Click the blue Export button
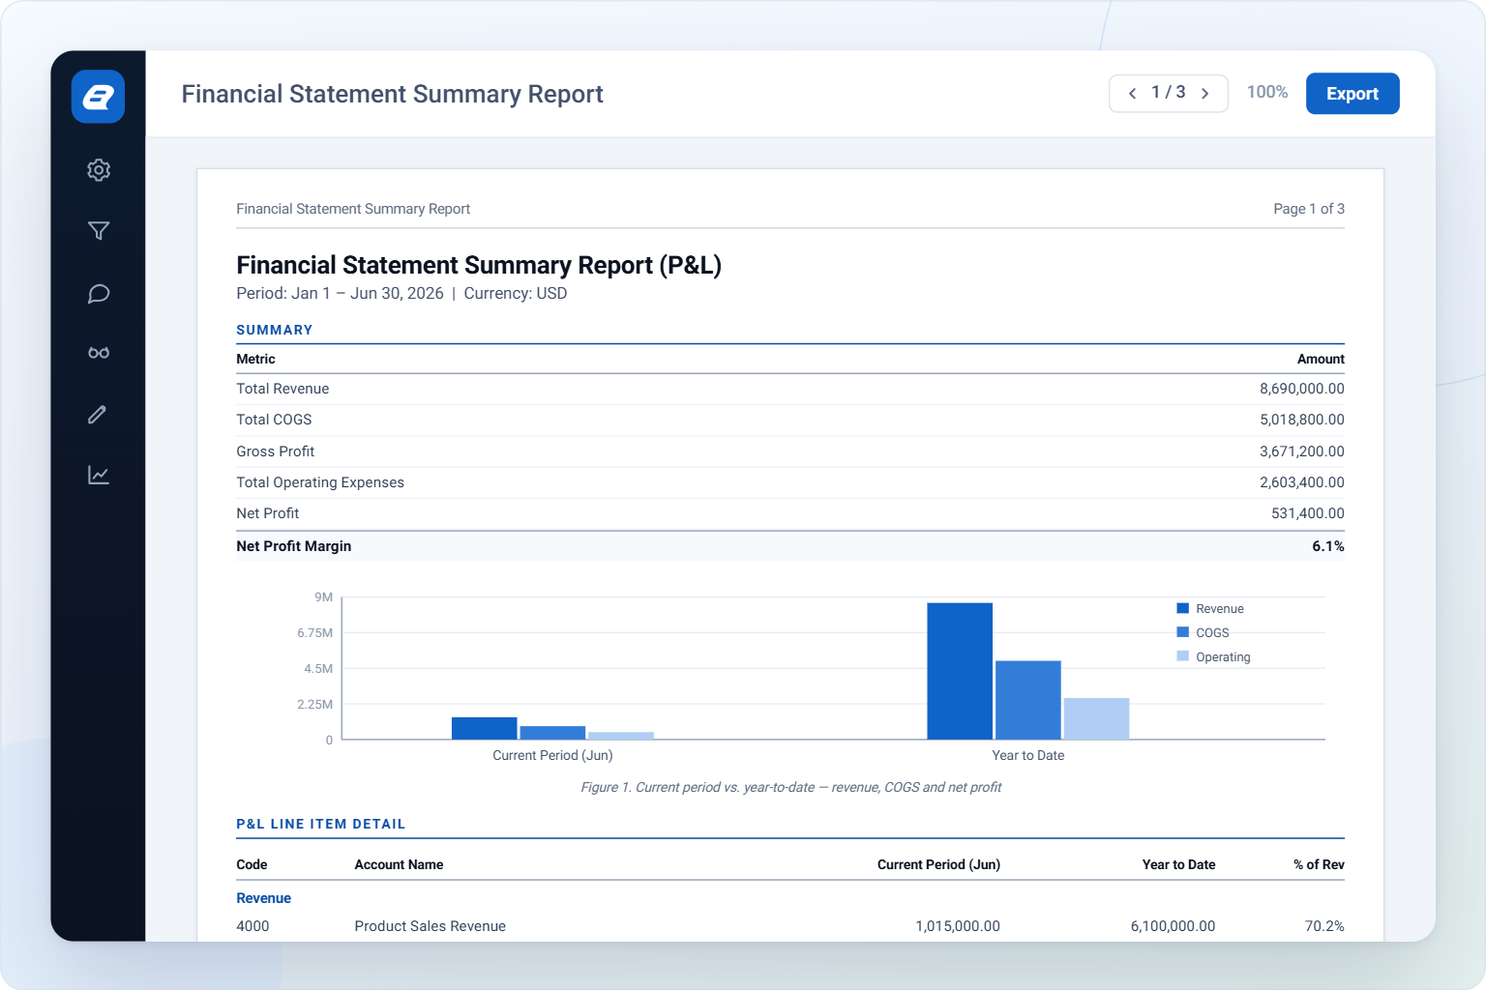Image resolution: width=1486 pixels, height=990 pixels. [x=1352, y=94]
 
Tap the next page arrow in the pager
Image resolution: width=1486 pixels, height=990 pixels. [x=1205, y=94]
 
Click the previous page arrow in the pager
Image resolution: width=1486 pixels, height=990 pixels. [x=1133, y=94]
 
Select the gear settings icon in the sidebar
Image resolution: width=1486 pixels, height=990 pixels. [x=99, y=170]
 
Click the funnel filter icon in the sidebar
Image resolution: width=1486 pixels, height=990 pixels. [x=99, y=231]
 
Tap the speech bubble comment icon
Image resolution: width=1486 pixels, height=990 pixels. [x=99, y=294]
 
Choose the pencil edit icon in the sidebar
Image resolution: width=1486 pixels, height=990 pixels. [x=98, y=415]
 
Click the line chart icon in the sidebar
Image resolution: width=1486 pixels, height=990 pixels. [x=99, y=475]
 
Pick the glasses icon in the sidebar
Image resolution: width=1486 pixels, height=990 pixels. [x=99, y=353]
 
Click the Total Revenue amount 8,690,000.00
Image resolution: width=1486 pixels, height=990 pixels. [x=1301, y=389]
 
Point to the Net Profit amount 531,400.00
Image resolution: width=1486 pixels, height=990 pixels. [x=1308, y=513]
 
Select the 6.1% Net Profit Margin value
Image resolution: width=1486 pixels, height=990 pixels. [x=1328, y=546]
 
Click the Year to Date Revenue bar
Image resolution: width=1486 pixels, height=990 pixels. [x=960, y=671]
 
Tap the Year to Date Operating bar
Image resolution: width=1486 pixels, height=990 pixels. [x=1096, y=718]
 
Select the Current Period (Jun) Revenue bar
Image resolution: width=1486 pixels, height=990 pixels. [x=485, y=728]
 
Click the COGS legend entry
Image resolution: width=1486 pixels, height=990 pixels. [x=1203, y=632]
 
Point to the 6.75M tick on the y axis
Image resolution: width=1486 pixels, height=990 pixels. [x=315, y=632]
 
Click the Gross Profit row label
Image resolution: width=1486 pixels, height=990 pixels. [x=276, y=451]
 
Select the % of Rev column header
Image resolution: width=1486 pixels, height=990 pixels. [x=1319, y=864]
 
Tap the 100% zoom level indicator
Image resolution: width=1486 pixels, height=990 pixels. [x=1267, y=92]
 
